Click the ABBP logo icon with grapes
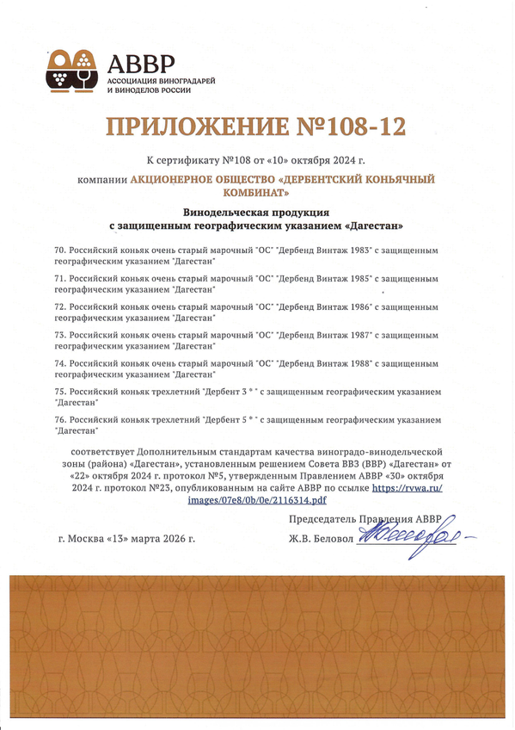click(73, 71)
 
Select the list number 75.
click(59, 391)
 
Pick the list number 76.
click(59, 419)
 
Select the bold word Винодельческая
click(226, 211)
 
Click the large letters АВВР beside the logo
click(140, 63)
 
